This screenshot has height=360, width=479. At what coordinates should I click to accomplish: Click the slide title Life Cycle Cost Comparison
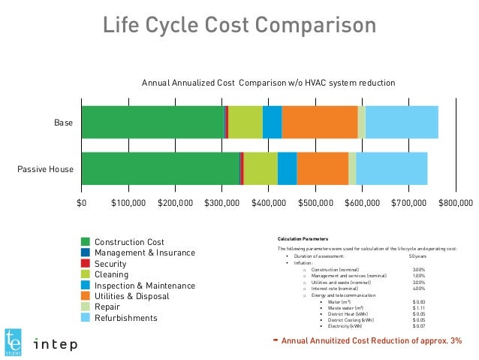(239, 26)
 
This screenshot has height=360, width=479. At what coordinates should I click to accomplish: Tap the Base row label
(63, 123)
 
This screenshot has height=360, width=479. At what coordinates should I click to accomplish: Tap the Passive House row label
(46, 169)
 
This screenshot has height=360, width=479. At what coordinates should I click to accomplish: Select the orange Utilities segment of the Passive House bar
(322, 168)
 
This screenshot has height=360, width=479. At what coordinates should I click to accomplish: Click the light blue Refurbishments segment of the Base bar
(402, 123)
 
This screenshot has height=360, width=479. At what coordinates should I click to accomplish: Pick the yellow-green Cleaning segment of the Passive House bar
(261, 168)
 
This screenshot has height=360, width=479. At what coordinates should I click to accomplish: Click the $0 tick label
(82, 203)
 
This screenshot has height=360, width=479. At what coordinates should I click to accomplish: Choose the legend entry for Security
(110, 264)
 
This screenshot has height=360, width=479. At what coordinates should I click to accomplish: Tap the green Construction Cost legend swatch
(86, 242)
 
